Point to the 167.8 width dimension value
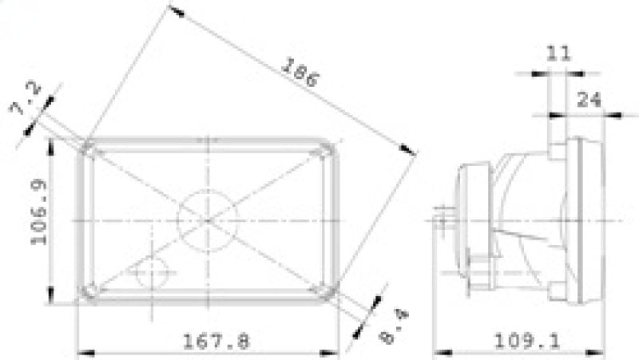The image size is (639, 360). click(216, 342)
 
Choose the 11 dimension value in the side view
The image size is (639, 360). click(558, 53)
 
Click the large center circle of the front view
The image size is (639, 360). click(208, 218)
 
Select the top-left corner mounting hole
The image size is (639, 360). click(89, 149)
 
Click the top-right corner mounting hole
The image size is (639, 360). click(326, 149)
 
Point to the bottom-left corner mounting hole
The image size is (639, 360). click(89, 290)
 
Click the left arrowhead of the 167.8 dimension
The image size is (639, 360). click(83, 351)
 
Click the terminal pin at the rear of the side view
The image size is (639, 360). click(442, 214)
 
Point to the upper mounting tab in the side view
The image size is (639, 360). click(556, 149)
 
